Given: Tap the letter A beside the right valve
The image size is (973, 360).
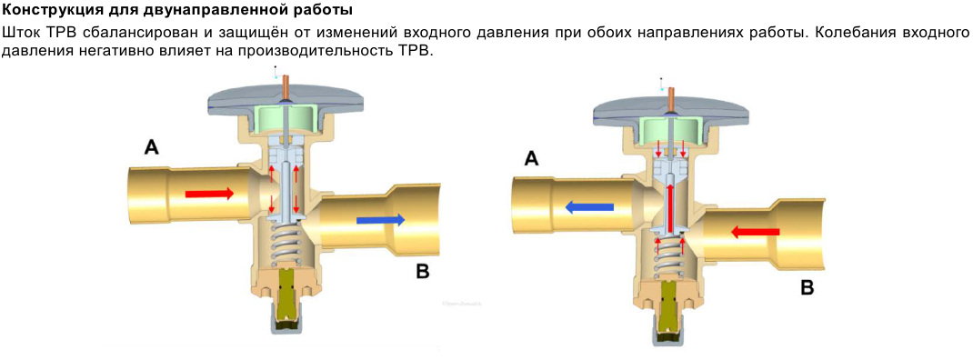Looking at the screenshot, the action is pos(531,159).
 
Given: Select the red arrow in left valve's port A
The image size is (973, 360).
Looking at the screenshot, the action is pos(210,194).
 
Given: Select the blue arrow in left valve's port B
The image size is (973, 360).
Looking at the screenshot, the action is pos(381,219).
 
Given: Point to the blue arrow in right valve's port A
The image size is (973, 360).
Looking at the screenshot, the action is pos(589,208).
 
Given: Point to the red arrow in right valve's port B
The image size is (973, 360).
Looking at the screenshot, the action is pos(755,232).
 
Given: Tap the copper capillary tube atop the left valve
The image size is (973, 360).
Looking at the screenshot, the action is pos(286,85).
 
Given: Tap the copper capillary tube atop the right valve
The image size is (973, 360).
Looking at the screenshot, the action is pos(670,96).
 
